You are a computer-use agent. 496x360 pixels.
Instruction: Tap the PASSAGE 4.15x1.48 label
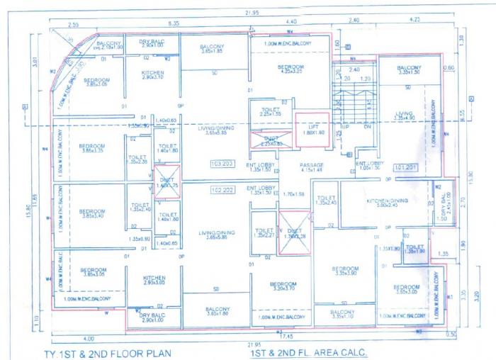point(311,167)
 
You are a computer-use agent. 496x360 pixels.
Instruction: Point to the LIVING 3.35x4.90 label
point(404,115)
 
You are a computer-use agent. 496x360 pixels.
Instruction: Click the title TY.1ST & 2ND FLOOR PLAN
point(109,351)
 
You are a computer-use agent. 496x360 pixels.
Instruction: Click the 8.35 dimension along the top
point(172,23)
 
